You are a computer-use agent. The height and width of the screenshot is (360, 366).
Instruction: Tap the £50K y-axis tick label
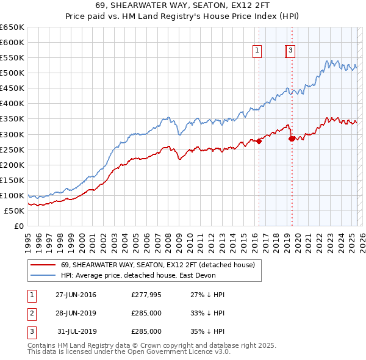pyautogui.click(x=15, y=211)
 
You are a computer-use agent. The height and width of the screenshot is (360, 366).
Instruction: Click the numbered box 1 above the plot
pyautogui.click(x=257, y=51)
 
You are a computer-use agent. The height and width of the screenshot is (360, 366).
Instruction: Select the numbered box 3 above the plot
pyautogui.click(x=291, y=51)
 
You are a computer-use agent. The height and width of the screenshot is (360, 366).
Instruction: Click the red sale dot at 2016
pyautogui.click(x=259, y=141)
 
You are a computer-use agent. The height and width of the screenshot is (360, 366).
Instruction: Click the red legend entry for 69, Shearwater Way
pyautogui.click(x=161, y=264)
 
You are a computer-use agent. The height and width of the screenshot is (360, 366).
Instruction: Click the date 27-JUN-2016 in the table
pyautogui.click(x=76, y=295)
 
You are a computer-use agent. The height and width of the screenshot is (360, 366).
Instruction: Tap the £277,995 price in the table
pyautogui.click(x=146, y=295)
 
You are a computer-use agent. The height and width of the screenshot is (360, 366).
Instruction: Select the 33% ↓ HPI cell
pyautogui.click(x=207, y=313)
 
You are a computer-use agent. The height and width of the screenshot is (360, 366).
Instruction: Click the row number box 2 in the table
pyautogui.click(x=32, y=313)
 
